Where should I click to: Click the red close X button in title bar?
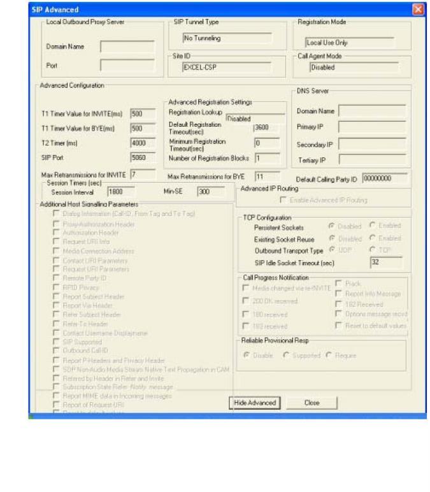[x=418, y=10]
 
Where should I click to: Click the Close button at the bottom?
[x=312, y=403]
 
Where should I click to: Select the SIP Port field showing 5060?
[x=143, y=157]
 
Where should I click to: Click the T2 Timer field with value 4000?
[x=143, y=143]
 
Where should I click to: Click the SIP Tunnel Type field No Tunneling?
[x=226, y=38]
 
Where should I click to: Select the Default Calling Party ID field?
[x=385, y=178]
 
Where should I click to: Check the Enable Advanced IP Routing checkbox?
[x=284, y=200]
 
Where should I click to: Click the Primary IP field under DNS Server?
[x=372, y=126]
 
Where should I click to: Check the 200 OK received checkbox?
[x=245, y=301]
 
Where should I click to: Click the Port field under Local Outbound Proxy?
[x=127, y=65]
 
